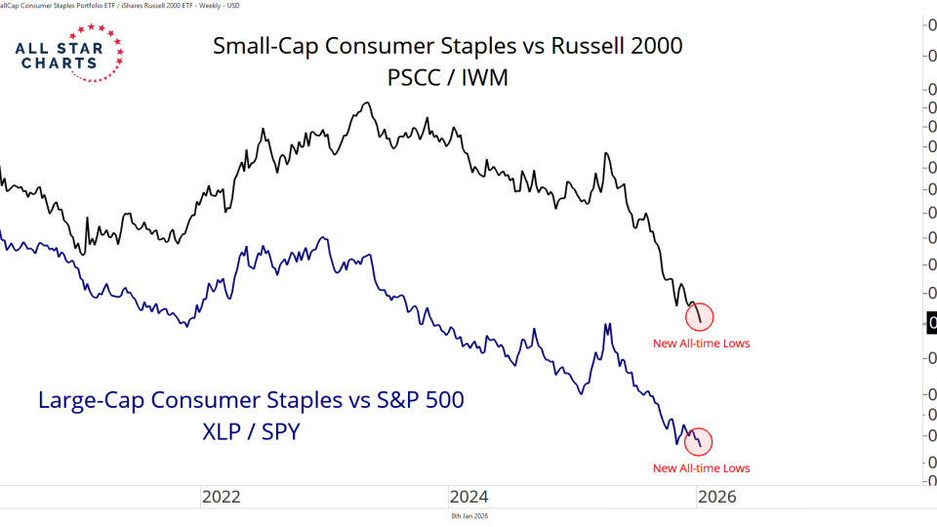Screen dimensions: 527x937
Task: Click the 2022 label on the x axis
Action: click(x=222, y=497)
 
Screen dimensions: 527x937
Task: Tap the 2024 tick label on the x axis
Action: click(x=469, y=497)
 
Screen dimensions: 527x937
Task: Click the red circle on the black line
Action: click(x=701, y=316)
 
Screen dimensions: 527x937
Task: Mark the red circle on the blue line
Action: click(x=701, y=442)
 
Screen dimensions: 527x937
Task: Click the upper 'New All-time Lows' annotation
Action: click(x=701, y=343)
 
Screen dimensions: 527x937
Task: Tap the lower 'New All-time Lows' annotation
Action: click(x=701, y=468)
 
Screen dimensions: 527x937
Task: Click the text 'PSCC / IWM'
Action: click(x=447, y=77)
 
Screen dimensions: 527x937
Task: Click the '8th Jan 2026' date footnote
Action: click(x=468, y=516)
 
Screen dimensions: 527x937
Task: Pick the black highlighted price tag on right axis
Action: click(x=931, y=323)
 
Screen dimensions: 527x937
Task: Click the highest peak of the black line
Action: click(x=366, y=102)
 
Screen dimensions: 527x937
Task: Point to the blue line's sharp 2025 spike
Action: click(x=607, y=324)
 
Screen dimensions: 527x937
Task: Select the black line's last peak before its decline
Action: click(x=607, y=153)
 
